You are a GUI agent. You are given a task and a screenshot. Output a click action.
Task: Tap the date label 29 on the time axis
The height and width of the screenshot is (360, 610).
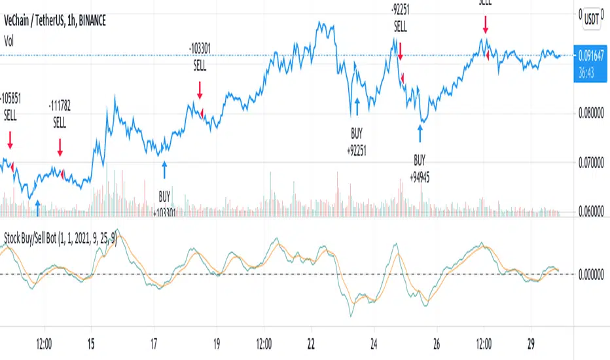pos(533,342)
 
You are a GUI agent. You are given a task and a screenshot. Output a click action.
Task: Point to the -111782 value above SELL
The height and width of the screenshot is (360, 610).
pos(60,107)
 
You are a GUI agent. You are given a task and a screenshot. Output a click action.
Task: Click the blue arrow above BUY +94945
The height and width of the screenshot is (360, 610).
pos(420,134)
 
